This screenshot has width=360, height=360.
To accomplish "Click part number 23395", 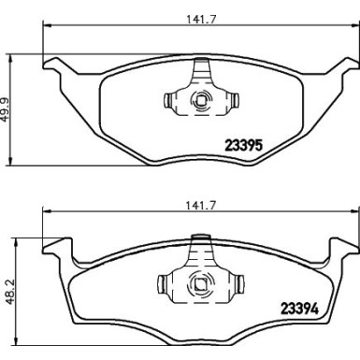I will (x=246, y=145).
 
